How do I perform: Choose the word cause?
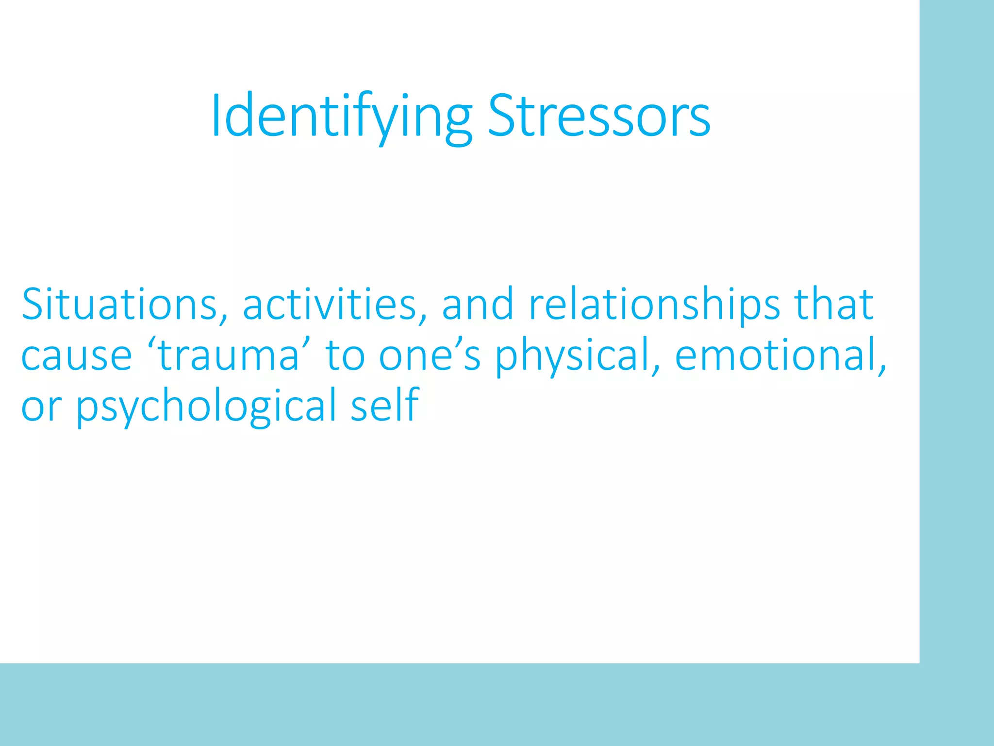coord(76,356)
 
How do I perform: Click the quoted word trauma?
coord(229,356)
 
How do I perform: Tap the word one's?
coord(430,356)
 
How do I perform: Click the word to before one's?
coord(345,356)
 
